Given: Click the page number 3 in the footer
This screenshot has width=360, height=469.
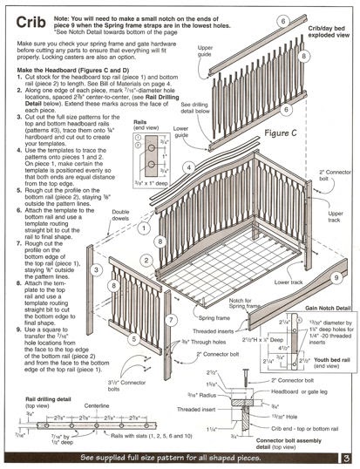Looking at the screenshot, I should (x=345, y=456).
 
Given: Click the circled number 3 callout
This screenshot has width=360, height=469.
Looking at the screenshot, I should (x=97, y=273).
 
